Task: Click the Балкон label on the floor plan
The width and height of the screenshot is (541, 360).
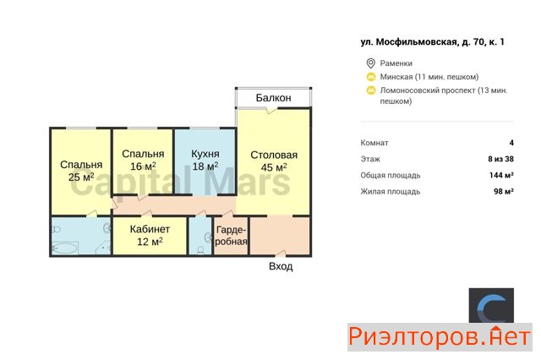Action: tap(273, 98)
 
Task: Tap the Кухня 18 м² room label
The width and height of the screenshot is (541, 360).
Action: tap(205, 160)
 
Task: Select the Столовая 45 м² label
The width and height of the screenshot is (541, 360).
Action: tap(274, 161)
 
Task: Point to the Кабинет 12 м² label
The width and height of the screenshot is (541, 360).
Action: tap(150, 235)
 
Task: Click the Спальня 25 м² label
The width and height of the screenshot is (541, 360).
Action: tap(81, 171)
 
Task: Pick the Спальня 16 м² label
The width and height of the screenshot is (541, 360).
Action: tap(143, 160)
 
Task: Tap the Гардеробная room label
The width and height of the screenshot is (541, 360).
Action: tap(231, 236)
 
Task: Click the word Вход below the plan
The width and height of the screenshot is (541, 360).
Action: tap(281, 266)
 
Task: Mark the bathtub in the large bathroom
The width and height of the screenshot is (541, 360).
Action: tap(65, 248)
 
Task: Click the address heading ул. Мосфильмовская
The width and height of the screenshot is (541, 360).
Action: tap(432, 42)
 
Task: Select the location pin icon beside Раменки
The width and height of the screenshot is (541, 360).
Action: tap(370, 63)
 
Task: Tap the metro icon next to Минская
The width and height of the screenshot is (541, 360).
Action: tap(371, 77)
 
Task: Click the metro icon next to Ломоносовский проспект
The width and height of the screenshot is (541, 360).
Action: tap(371, 90)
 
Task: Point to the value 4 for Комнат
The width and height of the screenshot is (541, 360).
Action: tap(511, 143)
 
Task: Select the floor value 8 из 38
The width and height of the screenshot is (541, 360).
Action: tap(501, 159)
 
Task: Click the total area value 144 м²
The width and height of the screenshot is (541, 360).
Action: tap(501, 175)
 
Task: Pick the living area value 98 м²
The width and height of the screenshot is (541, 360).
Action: tap(504, 191)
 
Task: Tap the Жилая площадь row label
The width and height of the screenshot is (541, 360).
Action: tap(391, 192)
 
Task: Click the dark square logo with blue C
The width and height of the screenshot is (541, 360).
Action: tap(491, 306)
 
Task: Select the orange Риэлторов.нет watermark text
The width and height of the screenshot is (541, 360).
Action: tap(440, 337)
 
